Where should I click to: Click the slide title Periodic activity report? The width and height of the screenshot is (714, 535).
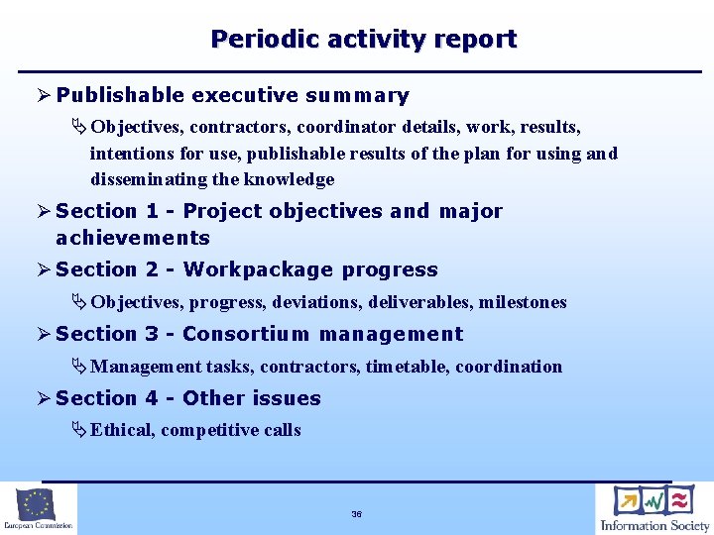[363, 40]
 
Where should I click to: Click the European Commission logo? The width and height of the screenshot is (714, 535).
[38, 508]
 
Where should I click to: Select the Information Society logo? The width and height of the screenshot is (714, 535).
[654, 508]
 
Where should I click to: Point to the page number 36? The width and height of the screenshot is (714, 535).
[356, 514]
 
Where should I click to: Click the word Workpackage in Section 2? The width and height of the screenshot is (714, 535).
[258, 270]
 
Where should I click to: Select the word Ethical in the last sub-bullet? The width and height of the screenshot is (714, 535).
[121, 430]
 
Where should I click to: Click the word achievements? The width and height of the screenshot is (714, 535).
[133, 238]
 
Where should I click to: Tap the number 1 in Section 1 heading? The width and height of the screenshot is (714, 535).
[152, 211]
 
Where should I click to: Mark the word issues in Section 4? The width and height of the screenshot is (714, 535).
[288, 399]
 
